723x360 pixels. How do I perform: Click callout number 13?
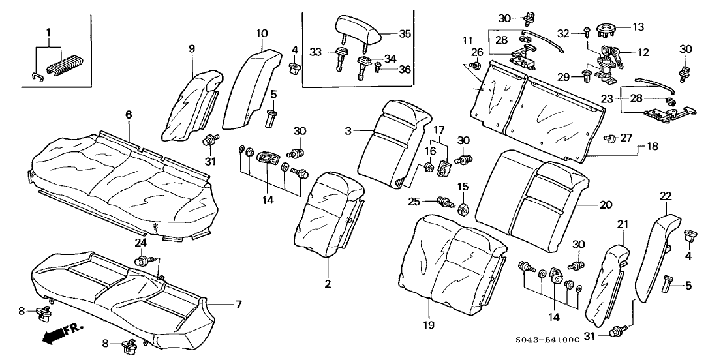click(x=638, y=27)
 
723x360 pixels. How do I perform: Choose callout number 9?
click(x=192, y=48)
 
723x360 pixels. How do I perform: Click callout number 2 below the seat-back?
click(x=328, y=284)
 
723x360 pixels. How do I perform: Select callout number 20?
click(x=606, y=204)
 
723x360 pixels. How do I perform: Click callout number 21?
click(x=622, y=224)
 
